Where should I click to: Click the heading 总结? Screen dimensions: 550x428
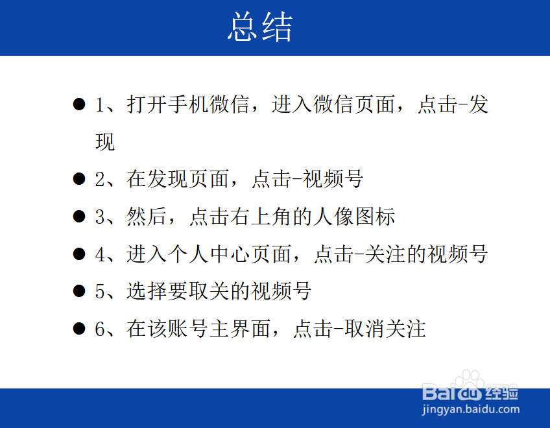pyautogui.click(x=260, y=27)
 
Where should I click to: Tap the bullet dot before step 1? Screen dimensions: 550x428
pyautogui.click(x=79, y=104)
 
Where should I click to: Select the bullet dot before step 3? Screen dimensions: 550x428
pyautogui.click(x=79, y=216)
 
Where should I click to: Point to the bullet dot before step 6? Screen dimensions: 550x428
pyautogui.click(x=79, y=329)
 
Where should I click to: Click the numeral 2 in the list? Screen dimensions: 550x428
pyautogui.click(x=100, y=179)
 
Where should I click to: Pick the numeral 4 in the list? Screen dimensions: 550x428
pyautogui.click(x=100, y=254)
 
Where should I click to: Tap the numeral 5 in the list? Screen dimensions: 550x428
pyautogui.click(x=100, y=291)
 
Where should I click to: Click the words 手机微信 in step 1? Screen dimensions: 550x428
pyautogui.click(x=209, y=104)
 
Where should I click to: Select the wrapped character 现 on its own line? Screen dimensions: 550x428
pyautogui.click(x=105, y=142)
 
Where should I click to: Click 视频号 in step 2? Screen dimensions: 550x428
pyautogui.click(x=333, y=179)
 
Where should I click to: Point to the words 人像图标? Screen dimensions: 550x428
pyautogui.click(x=355, y=216)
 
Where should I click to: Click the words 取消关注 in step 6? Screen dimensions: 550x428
pyautogui.click(x=385, y=329)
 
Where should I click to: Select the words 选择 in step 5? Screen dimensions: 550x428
pyautogui.click(x=147, y=291)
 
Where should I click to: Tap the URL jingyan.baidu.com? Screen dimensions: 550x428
pyautogui.click(x=471, y=409)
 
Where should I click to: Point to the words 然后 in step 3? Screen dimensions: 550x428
pyautogui.click(x=147, y=216)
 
